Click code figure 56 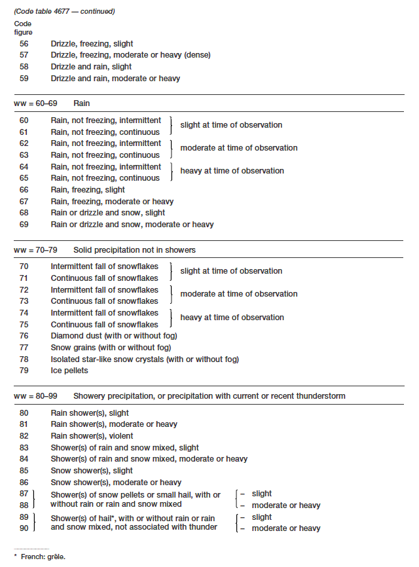pos(24,44)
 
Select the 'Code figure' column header pos(23,27)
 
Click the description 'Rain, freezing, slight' pos(88,190)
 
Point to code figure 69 pos(24,225)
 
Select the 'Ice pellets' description pos(70,371)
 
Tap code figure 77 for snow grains pos(24,348)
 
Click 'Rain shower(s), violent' pos(92,436)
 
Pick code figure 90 pos(24,528)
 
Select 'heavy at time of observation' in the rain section pos(232,171)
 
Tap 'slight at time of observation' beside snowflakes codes pos(231,271)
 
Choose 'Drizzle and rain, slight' pos(91,67)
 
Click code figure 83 pos(24,448)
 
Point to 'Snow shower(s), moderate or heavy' pos(116,483)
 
